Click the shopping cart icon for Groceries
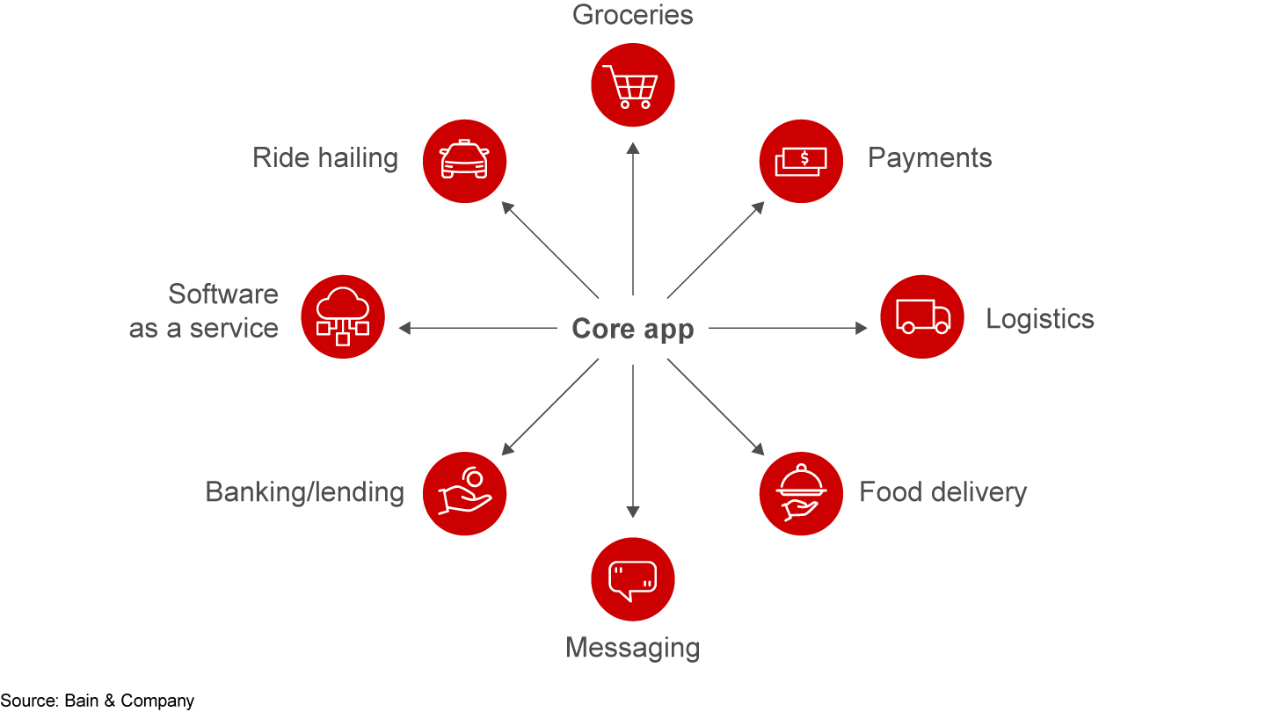633,85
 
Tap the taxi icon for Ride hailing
464,161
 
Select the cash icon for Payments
801,161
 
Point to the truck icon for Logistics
922,317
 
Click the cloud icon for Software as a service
343,317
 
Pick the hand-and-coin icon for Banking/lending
464,493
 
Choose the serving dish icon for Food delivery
801,493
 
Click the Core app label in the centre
633,329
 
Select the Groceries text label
633,15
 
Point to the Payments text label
929,158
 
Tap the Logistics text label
1039,318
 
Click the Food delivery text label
942,492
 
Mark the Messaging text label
633,648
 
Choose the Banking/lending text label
304,492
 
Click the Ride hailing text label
325,158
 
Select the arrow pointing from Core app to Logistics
787,328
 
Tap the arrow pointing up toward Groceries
633,220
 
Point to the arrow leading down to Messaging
633,440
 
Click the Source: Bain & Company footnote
98,701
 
